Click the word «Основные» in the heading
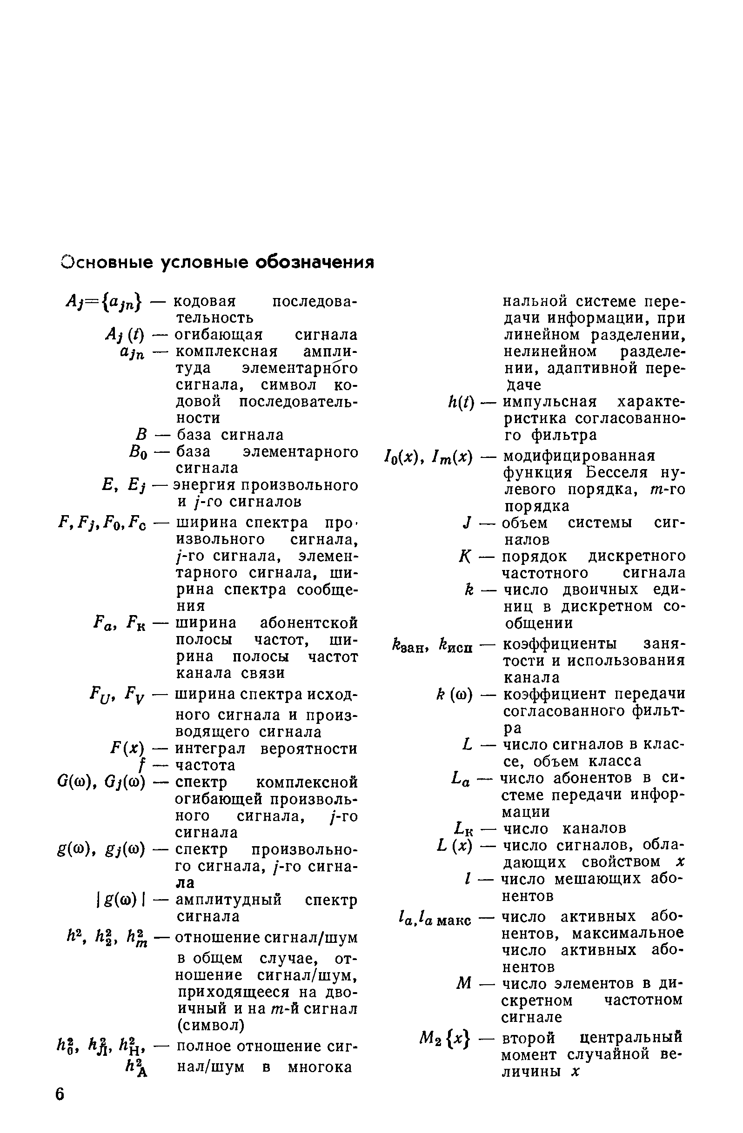[x=107, y=262]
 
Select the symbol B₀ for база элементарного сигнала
[x=138, y=452]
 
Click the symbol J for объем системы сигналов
[x=467, y=523]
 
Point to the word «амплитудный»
[x=228, y=900]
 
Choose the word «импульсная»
[x=549, y=402]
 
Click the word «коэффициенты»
[x=560, y=644]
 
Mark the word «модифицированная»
[x=579, y=456]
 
